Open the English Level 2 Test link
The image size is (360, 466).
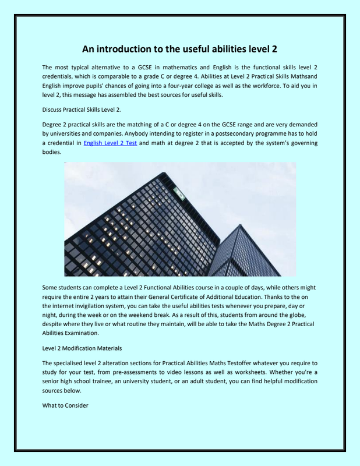[110, 142]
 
